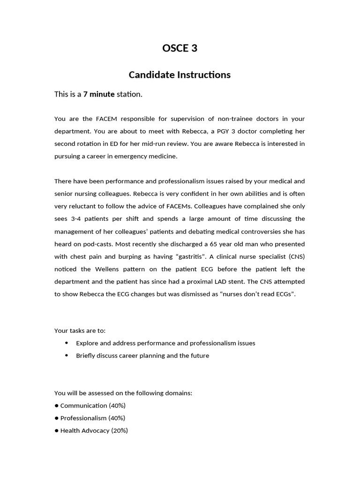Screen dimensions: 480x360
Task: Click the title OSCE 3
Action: pyautogui.click(x=180, y=48)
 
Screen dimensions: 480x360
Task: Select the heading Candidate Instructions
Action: pyautogui.click(x=180, y=75)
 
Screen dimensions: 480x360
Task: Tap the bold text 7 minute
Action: pyautogui.click(x=99, y=94)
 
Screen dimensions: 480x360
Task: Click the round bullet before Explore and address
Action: pyautogui.click(x=67, y=343)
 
